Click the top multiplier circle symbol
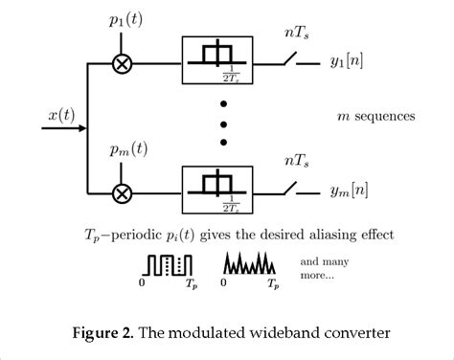click(122, 65)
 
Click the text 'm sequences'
click(374, 117)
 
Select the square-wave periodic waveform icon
click(170, 264)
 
